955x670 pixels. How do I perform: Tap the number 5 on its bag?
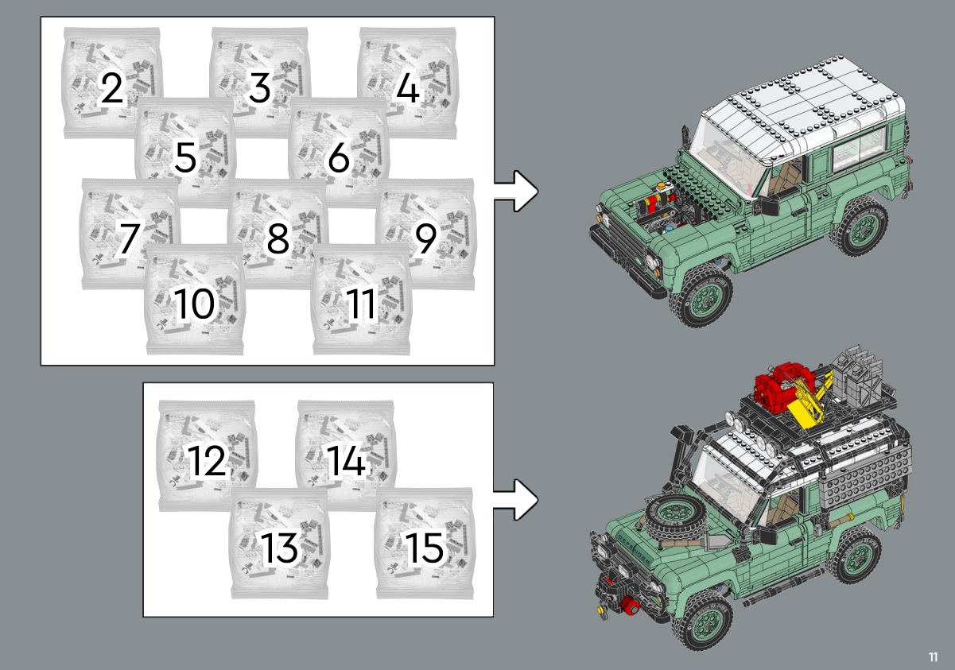(185, 157)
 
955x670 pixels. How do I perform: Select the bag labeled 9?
(425, 234)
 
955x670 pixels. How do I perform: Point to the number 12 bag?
(207, 455)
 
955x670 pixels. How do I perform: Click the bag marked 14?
(346, 455)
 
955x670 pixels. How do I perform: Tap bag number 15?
(425, 544)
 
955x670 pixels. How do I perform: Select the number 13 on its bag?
(279, 548)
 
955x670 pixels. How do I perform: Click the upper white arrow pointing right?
(517, 191)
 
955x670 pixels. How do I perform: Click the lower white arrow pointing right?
(517, 499)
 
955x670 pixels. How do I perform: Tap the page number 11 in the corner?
(934, 656)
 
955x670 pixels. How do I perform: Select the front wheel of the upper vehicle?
(702, 295)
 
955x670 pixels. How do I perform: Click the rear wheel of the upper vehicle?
(860, 226)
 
